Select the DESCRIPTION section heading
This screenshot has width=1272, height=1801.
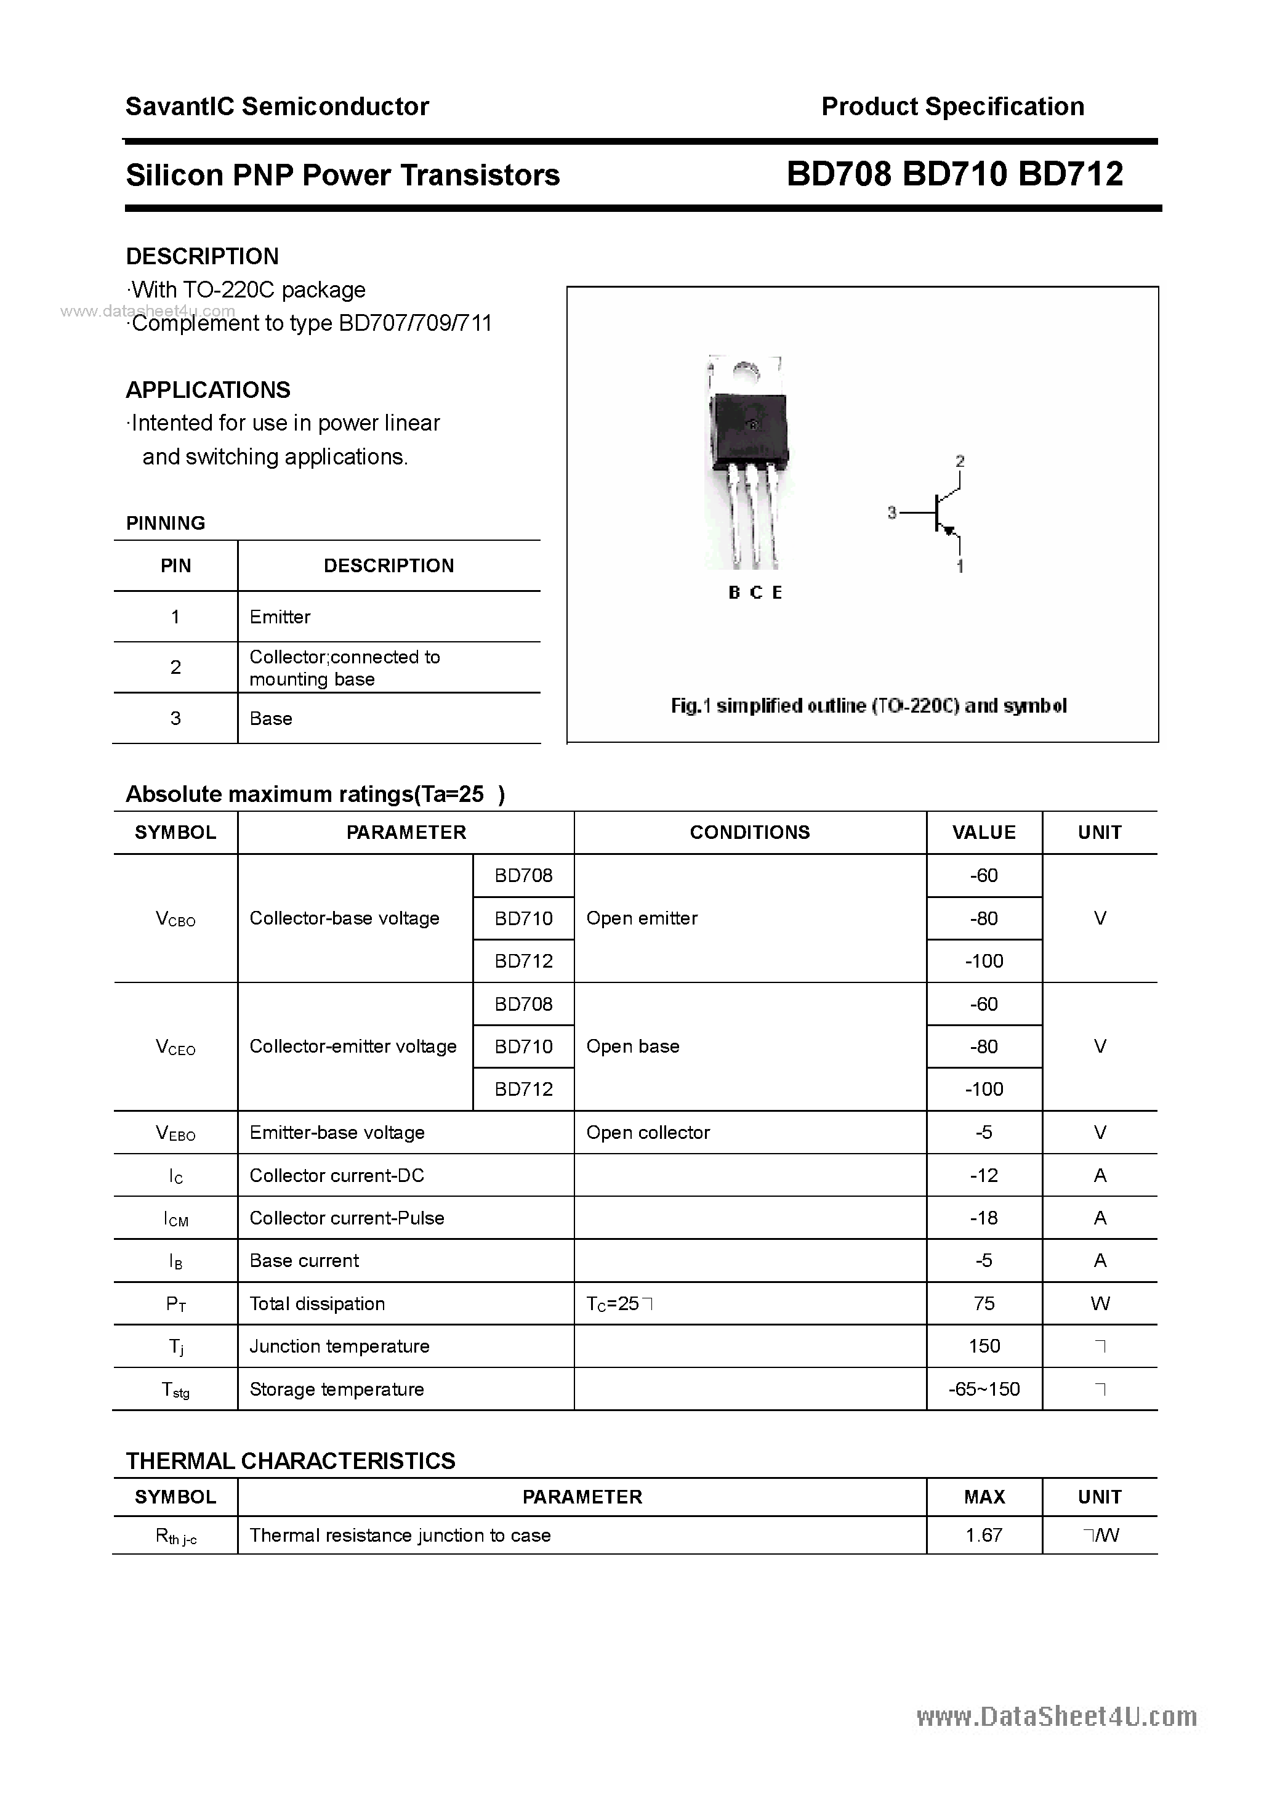(203, 256)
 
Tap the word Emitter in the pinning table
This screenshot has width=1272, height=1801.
(280, 617)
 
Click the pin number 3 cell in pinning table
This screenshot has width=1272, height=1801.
(175, 719)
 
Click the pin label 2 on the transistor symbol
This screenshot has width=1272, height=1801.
(960, 461)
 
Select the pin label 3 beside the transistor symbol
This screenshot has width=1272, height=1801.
(892, 513)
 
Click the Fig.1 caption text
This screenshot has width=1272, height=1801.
(868, 706)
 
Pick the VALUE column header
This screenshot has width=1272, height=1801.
(984, 833)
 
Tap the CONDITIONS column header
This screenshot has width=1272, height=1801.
(750, 833)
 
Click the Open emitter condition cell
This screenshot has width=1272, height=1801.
(642, 918)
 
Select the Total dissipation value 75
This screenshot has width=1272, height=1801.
(984, 1304)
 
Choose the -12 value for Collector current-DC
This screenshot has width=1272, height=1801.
(984, 1176)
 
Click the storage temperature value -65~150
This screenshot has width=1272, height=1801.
(984, 1389)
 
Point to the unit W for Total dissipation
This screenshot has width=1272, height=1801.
(1100, 1304)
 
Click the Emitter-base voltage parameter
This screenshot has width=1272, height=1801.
(337, 1133)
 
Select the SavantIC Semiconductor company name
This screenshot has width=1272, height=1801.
(277, 107)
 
